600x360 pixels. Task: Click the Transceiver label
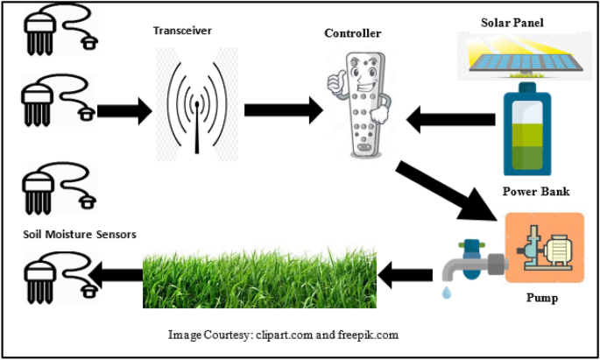[182, 31]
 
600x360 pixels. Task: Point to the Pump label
[541, 298]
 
